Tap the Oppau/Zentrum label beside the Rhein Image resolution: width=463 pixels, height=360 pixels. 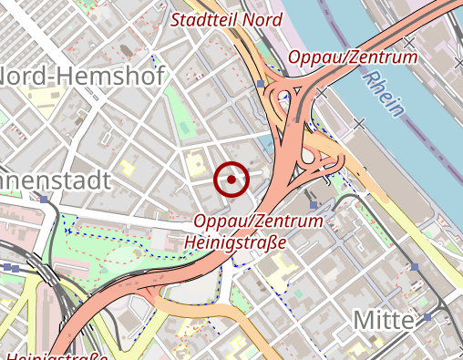click(x=353, y=58)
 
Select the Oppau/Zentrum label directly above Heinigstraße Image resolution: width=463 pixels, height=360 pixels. click(x=259, y=221)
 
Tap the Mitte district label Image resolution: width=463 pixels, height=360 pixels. click(x=384, y=321)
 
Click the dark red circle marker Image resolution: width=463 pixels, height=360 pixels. click(x=231, y=180)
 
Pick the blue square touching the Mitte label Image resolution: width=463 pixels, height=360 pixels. click(x=427, y=317)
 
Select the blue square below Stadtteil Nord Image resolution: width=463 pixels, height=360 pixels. click(x=261, y=84)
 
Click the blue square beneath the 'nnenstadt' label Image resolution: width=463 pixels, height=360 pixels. click(x=43, y=198)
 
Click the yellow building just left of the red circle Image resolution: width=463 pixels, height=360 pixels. click(x=194, y=165)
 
